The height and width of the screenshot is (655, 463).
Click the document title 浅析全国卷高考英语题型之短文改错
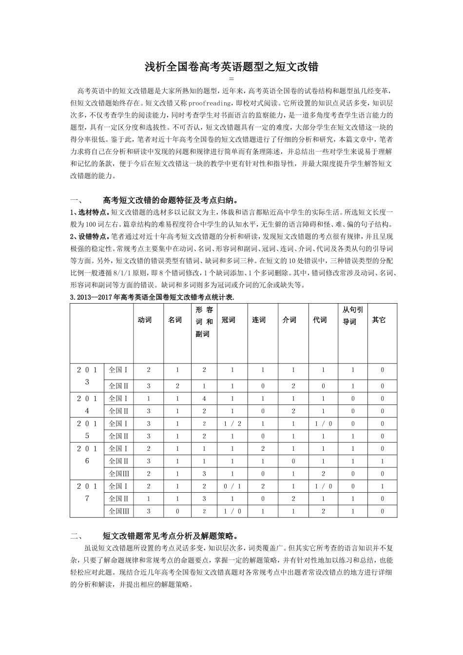pos(231,67)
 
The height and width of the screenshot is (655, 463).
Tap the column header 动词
pos(145,320)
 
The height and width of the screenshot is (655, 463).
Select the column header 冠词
pos(228,320)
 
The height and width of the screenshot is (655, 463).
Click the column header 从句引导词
pos(350,315)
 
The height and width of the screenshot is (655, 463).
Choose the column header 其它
pos(379,320)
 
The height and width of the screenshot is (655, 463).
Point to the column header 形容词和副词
pos(204,322)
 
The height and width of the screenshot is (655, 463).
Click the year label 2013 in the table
pos(87,376)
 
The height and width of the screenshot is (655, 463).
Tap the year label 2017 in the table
pos(87,492)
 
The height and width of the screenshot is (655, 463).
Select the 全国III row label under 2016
pos(119,474)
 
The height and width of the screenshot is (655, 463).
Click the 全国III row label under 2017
pos(119,511)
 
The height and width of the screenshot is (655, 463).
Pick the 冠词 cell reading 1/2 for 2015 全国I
pos(232,424)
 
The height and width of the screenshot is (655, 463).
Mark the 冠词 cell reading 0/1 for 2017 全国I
pos(232,486)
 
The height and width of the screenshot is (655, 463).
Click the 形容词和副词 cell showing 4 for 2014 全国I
pos(204,399)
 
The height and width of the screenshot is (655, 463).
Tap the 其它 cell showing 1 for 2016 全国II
pos(382,461)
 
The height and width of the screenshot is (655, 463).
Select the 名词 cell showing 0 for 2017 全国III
pos(177,511)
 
